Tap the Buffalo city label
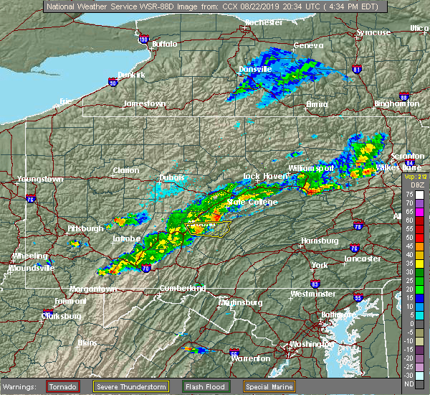[165, 45]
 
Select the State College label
[247, 203]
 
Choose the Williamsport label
[312, 168]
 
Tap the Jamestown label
[144, 103]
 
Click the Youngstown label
[41, 179]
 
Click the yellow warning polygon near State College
[208, 229]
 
